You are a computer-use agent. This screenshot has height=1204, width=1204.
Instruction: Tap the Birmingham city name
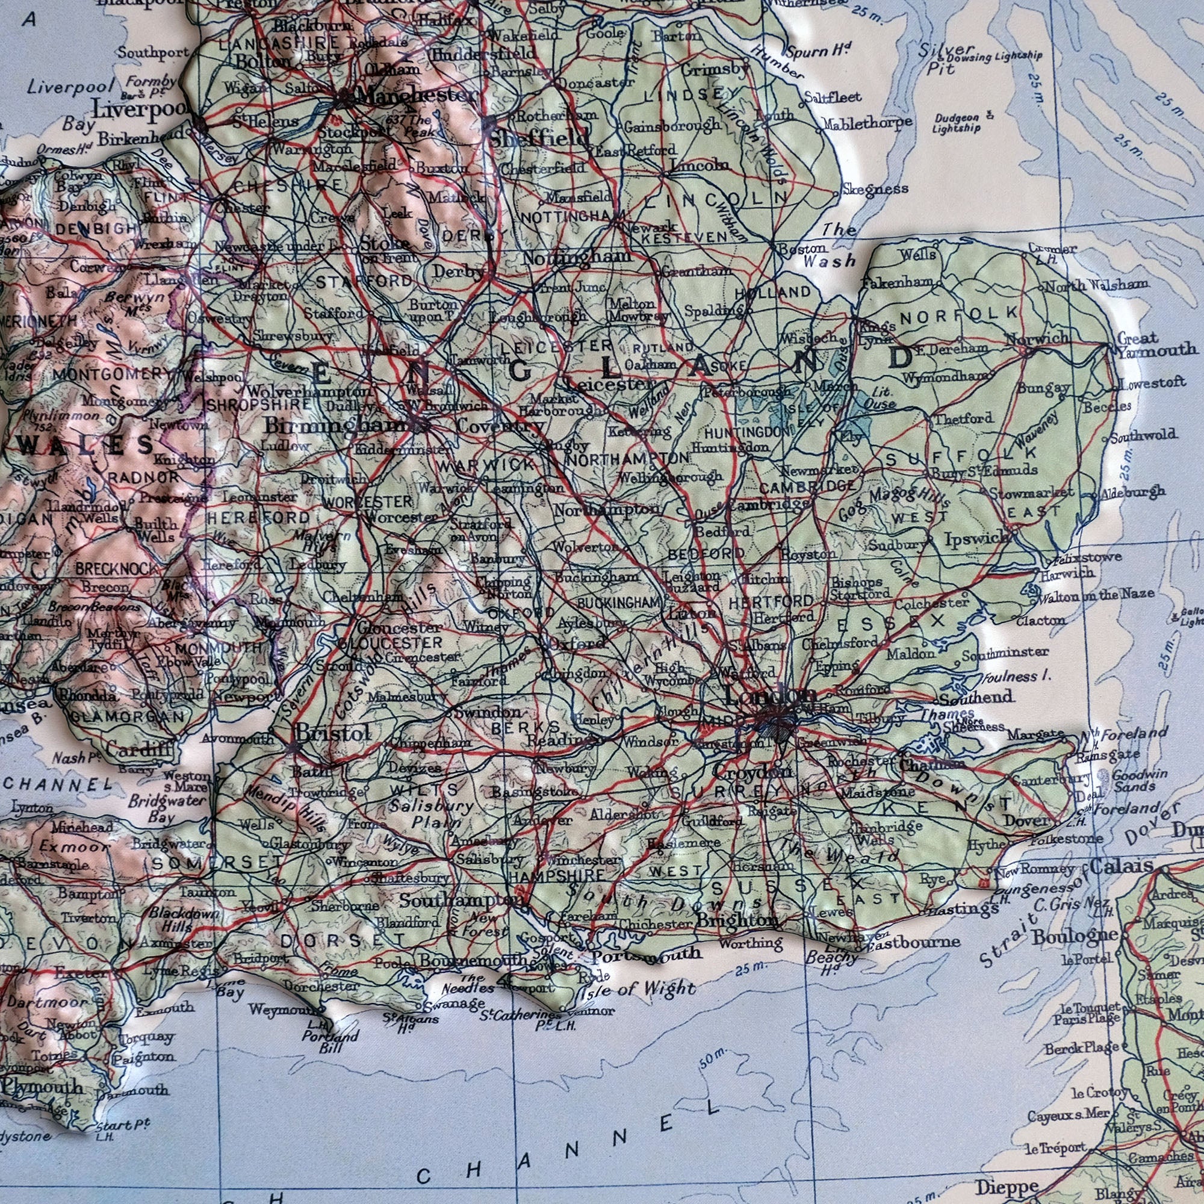[334, 426]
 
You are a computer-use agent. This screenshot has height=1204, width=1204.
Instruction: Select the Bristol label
[333, 733]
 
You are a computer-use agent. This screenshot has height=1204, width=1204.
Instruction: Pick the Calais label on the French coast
[1121, 866]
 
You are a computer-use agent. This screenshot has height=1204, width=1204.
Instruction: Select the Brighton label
[737, 920]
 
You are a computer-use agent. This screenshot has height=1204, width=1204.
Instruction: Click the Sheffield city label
[539, 140]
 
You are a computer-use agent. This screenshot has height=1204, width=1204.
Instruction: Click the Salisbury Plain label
[430, 813]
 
